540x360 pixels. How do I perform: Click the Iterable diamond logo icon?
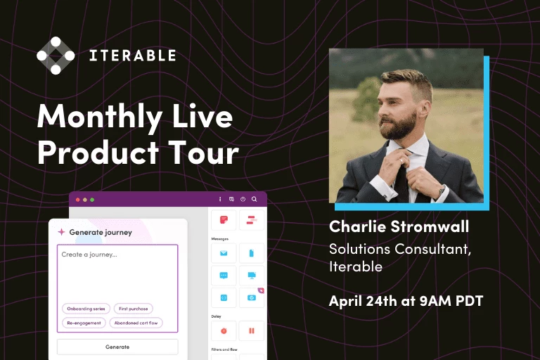(56, 55)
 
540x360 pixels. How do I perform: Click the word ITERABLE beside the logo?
(132, 56)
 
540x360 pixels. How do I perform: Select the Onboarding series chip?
(84, 309)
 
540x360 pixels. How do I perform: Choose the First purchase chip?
(133, 309)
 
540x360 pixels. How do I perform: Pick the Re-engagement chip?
(84, 323)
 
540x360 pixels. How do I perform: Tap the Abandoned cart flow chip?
(136, 323)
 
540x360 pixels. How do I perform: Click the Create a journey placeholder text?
(89, 255)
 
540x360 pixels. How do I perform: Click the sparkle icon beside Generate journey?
(61, 231)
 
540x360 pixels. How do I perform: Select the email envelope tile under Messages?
(224, 253)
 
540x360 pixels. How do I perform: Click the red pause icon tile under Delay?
(252, 330)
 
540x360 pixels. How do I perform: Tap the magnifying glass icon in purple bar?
(254, 199)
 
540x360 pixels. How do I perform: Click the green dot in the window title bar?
(92, 200)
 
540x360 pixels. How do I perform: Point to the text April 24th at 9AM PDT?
(406, 301)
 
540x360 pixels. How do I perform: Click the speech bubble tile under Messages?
(224, 275)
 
